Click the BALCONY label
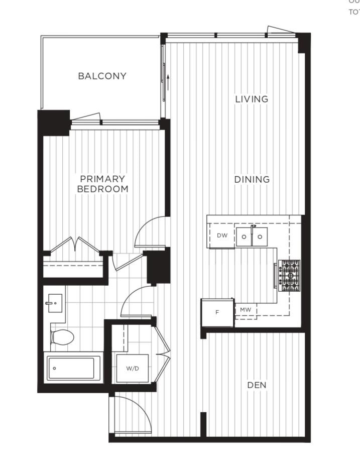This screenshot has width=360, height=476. tap(102, 76)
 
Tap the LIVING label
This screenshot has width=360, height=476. tap(252, 99)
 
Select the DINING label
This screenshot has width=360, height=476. tap(252, 179)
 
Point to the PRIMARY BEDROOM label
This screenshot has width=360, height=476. tap(102, 184)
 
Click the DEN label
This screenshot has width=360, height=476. tap(257, 385)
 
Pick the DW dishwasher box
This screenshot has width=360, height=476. tap(222, 235)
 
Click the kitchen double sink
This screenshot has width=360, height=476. tap(252, 236)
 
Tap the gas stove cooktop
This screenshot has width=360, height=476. tap(290, 276)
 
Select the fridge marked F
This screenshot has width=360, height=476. tap(217, 312)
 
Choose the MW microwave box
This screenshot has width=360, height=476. tap(246, 310)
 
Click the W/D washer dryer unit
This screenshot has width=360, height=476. tap(133, 368)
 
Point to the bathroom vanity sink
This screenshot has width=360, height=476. tap(55, 303)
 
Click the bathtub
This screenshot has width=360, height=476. tap(73, 368)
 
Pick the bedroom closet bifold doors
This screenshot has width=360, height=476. tap(75, 246)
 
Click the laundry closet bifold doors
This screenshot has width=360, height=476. tap(163, 354)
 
